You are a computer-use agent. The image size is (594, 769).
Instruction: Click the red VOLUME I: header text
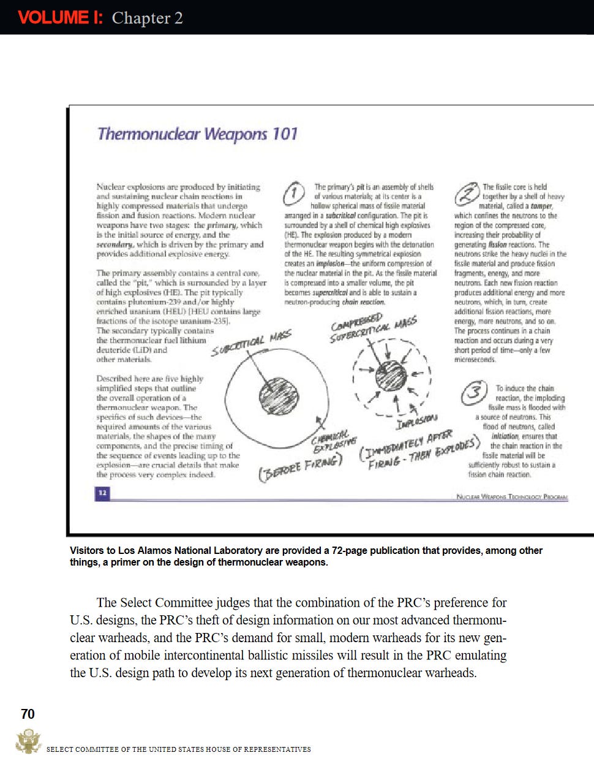click(60, 17)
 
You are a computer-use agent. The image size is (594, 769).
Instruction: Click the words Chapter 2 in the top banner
click(147, 18)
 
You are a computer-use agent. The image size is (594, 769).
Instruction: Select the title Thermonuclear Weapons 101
click(197, 134)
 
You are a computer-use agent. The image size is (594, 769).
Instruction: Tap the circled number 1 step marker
click(294, 194)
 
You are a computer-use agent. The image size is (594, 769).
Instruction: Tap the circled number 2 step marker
click(467, 194)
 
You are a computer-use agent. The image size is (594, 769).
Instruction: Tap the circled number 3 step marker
click(473, 392)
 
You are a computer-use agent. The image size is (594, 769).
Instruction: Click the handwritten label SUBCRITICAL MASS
click(252, 343)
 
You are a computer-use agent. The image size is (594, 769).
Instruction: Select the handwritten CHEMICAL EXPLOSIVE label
click(334, 442)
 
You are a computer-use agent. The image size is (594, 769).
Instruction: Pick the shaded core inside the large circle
click(279, 396)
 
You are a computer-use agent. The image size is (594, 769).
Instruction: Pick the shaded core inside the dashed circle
click(390, 375)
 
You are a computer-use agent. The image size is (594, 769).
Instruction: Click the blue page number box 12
click(102, 493)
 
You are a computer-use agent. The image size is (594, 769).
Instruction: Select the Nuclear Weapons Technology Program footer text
click(512, 496)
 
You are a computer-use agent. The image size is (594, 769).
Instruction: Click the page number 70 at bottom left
click(28, 714)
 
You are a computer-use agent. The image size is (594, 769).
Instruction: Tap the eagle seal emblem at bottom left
click(28, 741)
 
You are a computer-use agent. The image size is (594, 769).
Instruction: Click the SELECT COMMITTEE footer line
click(178, 749)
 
